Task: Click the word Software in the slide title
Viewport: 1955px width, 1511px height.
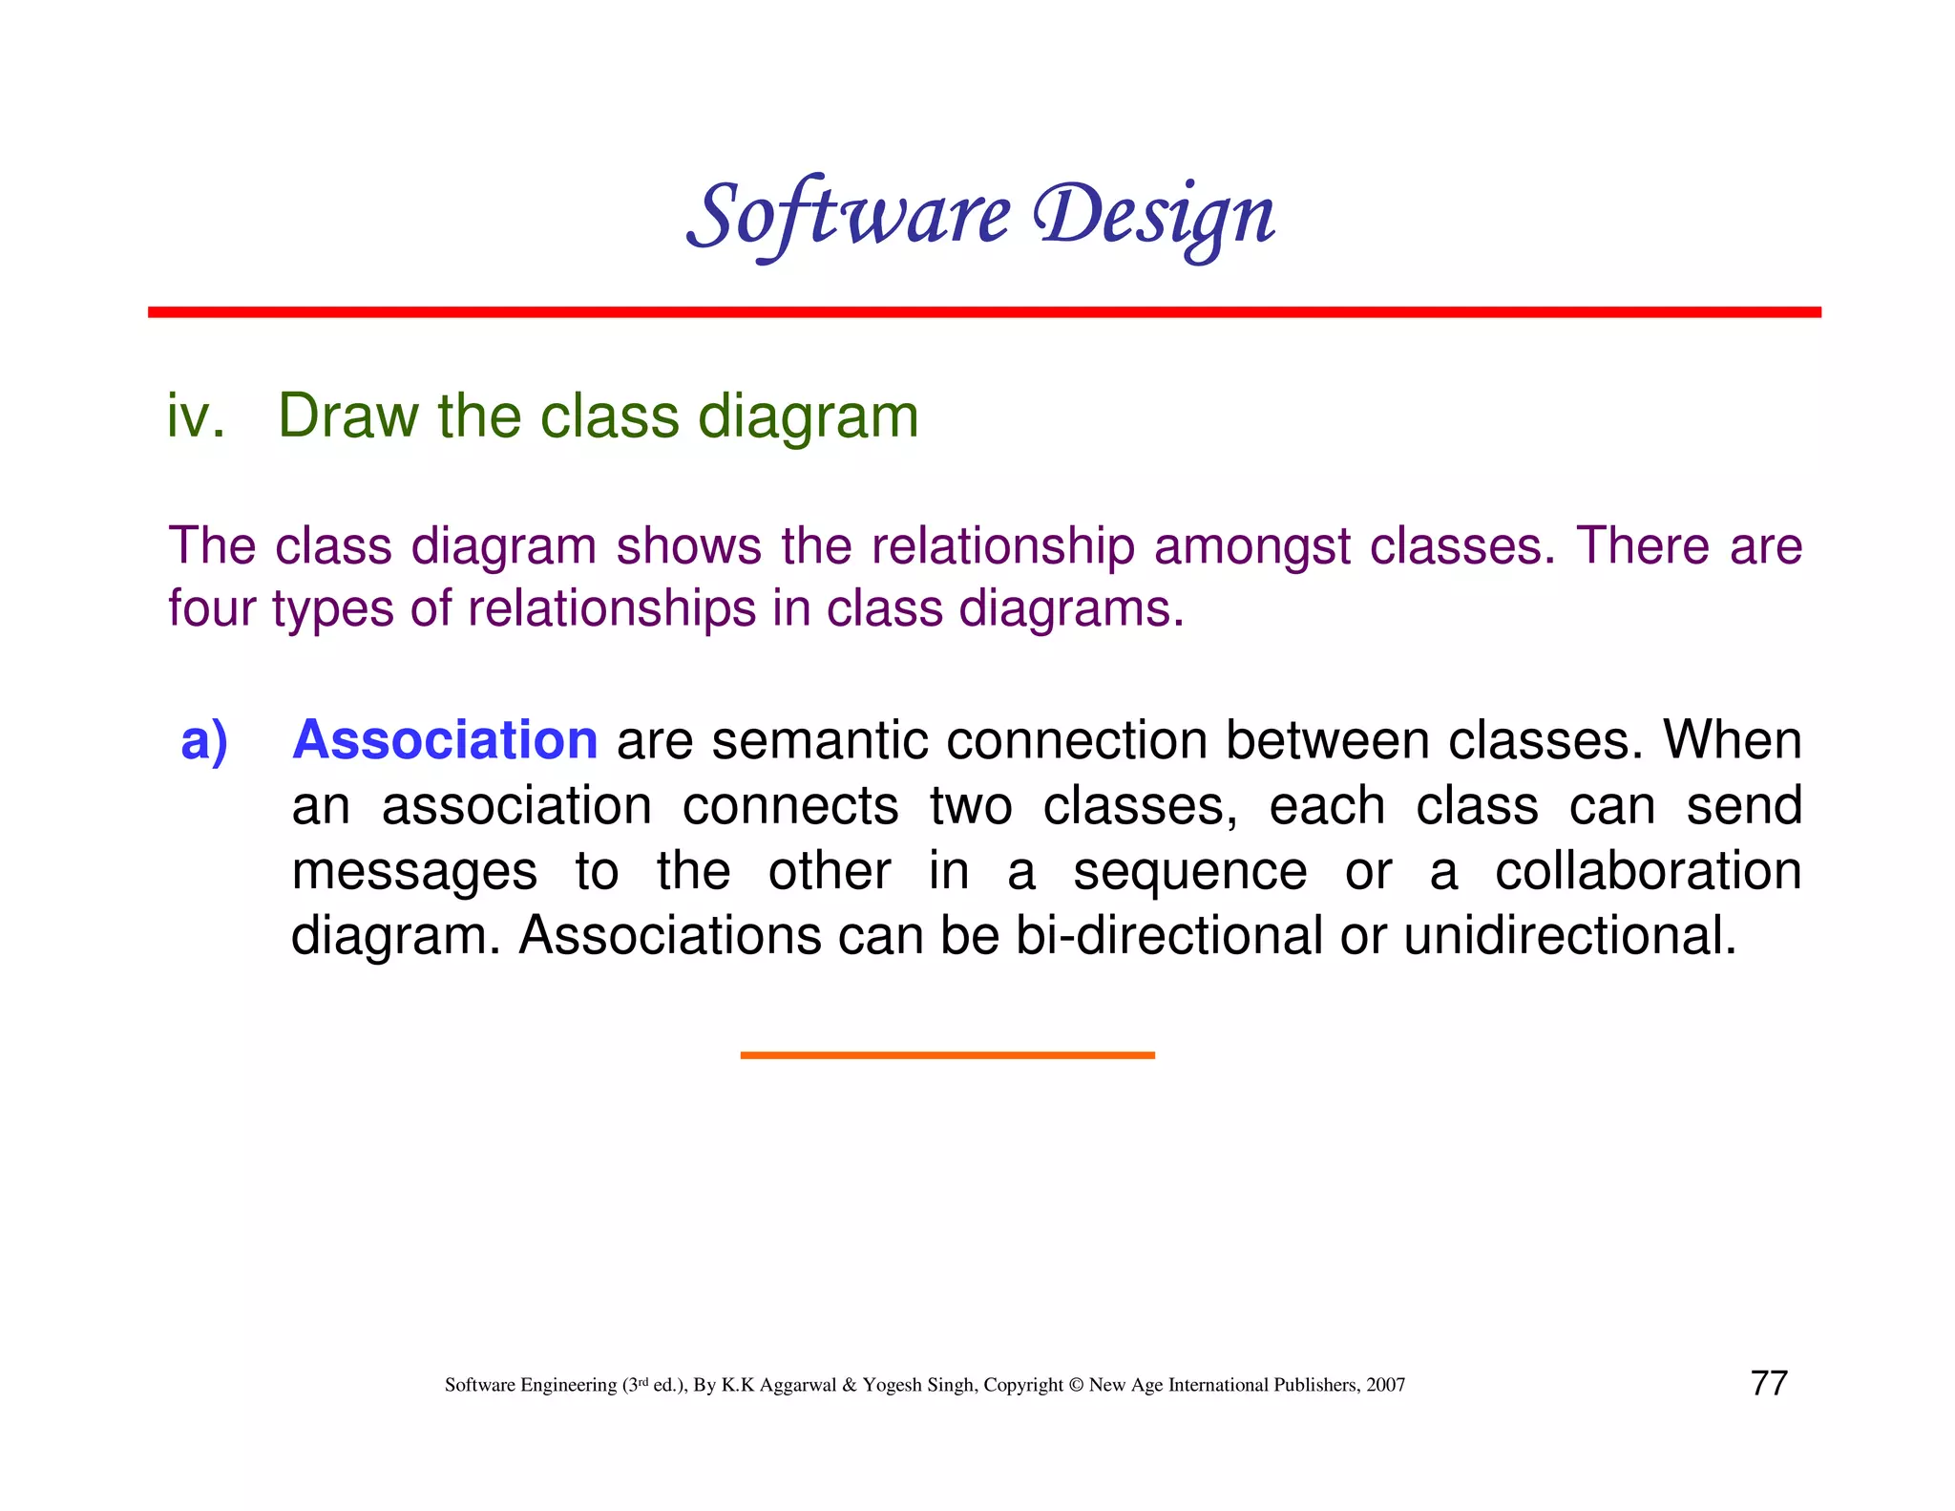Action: [x=848, y=216]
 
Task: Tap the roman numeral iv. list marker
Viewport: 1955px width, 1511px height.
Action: [x=196, y=417]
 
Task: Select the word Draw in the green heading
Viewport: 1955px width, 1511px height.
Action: [x=347, y=417]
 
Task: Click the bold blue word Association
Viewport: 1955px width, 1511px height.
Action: [x=445, y=740]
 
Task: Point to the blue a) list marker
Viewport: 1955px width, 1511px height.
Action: [x=204, y=740]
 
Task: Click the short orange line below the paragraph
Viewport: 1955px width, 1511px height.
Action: [x=947, y=1054]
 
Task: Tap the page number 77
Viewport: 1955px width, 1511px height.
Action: [x=1769, y=1383]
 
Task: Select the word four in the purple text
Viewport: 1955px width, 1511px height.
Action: [x=212, y=609]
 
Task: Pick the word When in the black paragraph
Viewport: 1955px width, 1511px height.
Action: [x=1732, y=740]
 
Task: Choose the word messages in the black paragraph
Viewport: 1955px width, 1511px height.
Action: [x=414, y=872]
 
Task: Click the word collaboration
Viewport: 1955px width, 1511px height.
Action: [x=1648, y=871]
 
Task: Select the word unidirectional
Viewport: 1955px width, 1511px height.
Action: [x=1569, y=935]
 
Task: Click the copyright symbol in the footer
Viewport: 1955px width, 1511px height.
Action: [x=1076, y=1385]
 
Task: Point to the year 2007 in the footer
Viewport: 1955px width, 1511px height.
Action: [x=1385, y=1385]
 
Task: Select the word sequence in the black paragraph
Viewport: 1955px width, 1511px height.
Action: [x=1189, y=872]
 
